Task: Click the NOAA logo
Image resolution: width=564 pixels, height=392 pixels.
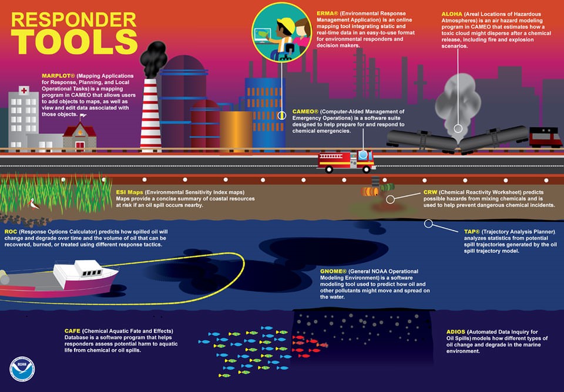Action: [22, 369]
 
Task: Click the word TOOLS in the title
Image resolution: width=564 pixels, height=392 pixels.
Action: [74, 42]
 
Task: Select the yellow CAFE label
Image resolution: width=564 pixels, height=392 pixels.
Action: [73, 331]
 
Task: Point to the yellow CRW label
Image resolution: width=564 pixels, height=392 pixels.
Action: [431, 192]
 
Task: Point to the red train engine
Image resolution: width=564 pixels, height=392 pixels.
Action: [546, 137]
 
